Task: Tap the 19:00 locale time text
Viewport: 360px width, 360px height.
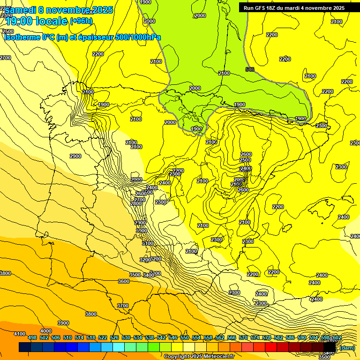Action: click(x=37, y=21)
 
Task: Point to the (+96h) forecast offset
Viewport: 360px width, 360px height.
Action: click(x=81, y=21)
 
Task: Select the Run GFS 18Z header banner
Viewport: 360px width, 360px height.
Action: click(x=294, y=8)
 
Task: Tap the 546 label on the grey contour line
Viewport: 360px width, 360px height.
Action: click(x=250, y=70)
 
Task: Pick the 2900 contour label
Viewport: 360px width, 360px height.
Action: click(x=75, y=156)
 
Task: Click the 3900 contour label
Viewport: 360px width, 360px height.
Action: click(x=63, y=323)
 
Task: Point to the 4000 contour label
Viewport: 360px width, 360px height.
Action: click(x=45, y=331)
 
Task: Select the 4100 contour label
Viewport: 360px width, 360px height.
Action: click(x=19, y=334)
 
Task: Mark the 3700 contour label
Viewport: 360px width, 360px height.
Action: click(x=122, y=306)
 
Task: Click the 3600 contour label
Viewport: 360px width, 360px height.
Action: click(x=123, y=281)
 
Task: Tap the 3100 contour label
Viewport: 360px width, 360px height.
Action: click(x=148, y=243)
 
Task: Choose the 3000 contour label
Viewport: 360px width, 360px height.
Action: click(x=141, y=231)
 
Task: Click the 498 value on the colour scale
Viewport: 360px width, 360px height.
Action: click(x=32, y=338)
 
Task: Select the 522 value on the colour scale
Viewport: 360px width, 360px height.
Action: click(x=103, y=338)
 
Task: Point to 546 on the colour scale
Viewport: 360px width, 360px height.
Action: click(x=173, y=338)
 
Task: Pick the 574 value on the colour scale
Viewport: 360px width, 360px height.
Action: click(x=255, y=338)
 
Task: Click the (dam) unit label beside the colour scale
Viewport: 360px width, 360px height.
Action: click(x=346, y=347)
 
